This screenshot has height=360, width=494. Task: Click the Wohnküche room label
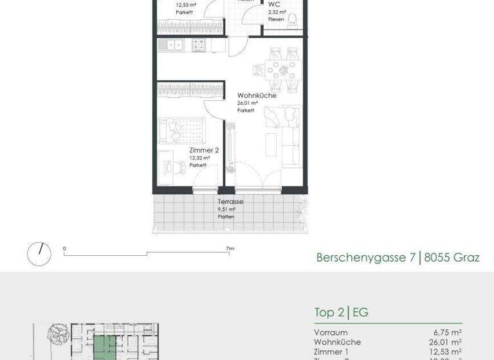pos(256,96)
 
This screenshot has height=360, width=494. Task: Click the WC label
pos(274,4)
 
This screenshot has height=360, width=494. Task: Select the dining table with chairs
pos(281,69)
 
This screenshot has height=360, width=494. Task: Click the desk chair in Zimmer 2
pos(172,165)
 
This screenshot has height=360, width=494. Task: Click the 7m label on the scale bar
pos(230,248)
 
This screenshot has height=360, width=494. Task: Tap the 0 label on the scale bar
pos(64,248)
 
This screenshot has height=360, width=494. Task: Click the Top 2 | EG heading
pos(341,313)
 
